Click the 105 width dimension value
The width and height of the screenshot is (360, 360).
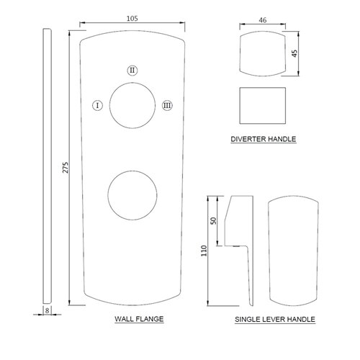click(132, 19)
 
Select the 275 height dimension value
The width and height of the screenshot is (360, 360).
click(66, 168)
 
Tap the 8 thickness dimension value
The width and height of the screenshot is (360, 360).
click(48, 310)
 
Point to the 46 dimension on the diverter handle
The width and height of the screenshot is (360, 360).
click(263, 20)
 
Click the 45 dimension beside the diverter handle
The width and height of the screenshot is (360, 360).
click(294, 53)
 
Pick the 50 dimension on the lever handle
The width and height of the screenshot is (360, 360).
click(213, 220)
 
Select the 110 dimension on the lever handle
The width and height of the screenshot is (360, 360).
click(204, 251)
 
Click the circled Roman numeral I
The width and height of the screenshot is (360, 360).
click(97, 105)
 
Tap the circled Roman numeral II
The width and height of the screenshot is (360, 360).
click(132, 71)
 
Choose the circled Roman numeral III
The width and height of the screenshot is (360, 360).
click(167, 105)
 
